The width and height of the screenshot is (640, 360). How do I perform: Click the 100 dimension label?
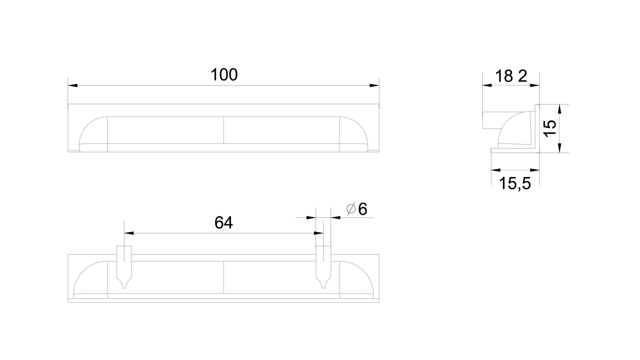coord(224,75)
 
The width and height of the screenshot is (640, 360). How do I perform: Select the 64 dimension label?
coord(224,223)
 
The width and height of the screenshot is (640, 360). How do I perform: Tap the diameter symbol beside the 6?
coord(351,209)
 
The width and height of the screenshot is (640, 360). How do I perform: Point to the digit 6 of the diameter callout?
coord(362,209)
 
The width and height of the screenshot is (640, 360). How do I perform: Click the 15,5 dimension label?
coord(515,184)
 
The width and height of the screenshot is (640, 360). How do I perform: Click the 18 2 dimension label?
coord(511,76)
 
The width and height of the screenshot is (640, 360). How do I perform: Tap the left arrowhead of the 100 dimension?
coord(73,86)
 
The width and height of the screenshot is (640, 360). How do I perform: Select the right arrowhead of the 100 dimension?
coord(374,86)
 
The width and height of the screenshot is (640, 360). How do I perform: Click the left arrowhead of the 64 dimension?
coord(129,233)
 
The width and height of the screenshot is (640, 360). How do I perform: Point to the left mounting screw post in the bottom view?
coord(124,267)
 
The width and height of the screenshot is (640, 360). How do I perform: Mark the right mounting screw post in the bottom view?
coord(323,267)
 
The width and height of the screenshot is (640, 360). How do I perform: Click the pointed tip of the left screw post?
coord(124,288)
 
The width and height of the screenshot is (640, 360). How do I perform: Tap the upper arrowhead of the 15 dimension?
coord(560,109)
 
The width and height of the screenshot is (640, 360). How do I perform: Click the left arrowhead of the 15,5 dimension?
coord(496,170)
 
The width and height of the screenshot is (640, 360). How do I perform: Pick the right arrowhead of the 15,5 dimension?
coord(535,170)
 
